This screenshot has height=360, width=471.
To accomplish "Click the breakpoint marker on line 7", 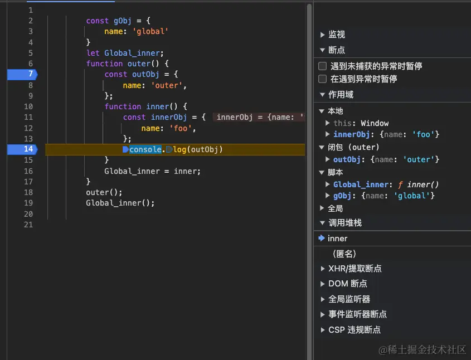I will point(22,74).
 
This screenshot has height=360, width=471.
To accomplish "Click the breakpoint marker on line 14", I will point(22,149).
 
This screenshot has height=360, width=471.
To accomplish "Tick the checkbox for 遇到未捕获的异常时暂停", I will point(322,66).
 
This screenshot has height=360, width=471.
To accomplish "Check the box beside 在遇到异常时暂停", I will point(322,79).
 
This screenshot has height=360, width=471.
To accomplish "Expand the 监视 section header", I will point(337,35).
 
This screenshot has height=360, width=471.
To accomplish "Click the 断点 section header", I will point(337,50).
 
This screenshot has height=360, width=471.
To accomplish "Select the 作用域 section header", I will point(341,95).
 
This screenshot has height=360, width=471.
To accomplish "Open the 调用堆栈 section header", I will point(344,223).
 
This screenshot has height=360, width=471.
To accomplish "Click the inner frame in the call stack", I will point(337,239).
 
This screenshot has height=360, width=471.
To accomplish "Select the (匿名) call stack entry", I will point(344,254).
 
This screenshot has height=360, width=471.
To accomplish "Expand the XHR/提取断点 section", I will point(355,269).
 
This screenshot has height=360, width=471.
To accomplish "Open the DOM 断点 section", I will point(347,284).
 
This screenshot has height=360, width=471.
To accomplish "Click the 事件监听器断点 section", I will point(357,314).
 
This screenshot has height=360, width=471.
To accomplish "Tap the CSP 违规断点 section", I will point(354,330).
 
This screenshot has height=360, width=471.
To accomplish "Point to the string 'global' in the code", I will point(150,32).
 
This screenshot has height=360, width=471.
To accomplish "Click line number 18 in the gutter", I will point(28,192).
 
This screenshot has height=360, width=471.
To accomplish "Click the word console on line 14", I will point(145,149).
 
